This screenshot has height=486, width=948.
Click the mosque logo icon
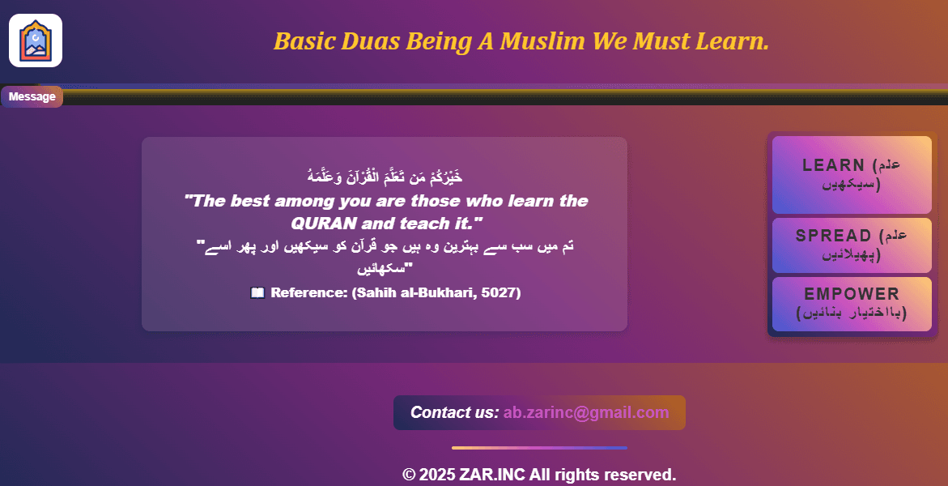36,40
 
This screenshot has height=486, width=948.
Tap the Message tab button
32,97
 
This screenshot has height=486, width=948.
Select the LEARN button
852,174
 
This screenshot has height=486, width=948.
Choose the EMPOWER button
852,304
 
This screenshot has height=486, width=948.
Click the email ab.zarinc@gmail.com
586,412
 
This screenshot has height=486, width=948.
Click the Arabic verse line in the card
385,176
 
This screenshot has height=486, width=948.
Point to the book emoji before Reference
258,293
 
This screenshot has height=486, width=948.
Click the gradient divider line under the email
539,447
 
